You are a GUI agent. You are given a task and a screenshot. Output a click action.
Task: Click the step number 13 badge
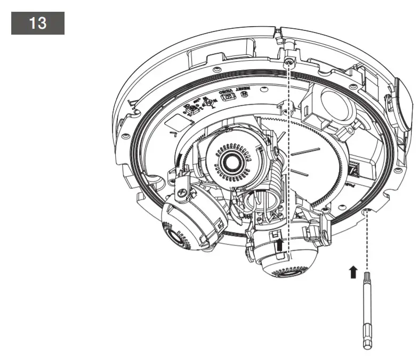tap(37, 24)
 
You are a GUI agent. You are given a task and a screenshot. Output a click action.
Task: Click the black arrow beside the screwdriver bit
tap(352, 272)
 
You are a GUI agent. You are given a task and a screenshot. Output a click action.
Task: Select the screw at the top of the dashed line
tap(288, 63)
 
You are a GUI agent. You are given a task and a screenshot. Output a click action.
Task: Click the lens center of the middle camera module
tap(233, 160)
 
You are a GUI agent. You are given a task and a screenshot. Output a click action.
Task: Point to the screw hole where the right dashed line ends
tap(367, 212)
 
